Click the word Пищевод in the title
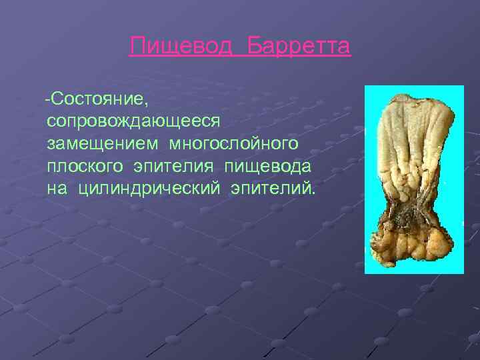(x=182, y=47)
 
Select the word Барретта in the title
(x=299, y=47)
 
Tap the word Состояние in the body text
(x=100, y=100)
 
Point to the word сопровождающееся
(x=133, y=122)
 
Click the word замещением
(x=103, y=144)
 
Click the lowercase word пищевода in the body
(x=272, y=166)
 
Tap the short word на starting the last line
(x=57, y=187)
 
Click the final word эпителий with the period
(x=273, y=187)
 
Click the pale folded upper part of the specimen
(x=410, y=147)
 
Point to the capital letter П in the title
(x=137, y=47)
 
